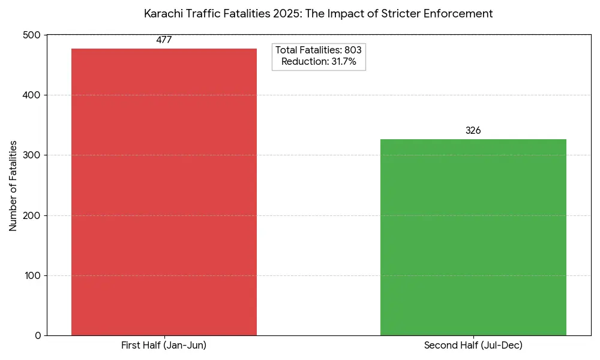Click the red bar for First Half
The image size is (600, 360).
click(x=164, y=192)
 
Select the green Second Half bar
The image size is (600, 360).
click(x=473, y=237)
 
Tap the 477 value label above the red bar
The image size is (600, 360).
click(x=164, y=40)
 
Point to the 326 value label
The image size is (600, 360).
click(x=473, y=131)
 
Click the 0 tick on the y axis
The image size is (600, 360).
click(x=38, y=335)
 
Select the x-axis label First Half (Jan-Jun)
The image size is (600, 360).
click(x=164, y=346)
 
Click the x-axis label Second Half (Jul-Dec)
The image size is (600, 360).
click(x=473, y=346)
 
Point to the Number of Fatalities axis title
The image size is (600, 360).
click(x=13, y=186)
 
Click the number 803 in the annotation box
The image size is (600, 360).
click(x=353, y=50)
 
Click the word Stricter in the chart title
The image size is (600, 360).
click(x=401, y=14)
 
